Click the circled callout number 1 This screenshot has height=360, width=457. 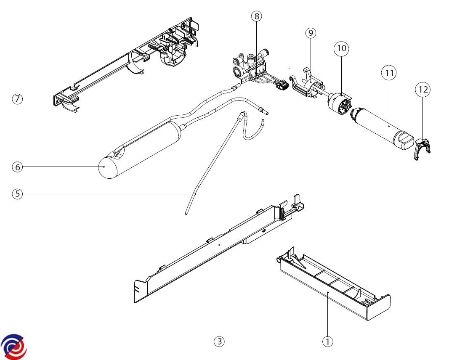[x=327, y=341]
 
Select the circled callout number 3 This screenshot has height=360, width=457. [x=218, y=341]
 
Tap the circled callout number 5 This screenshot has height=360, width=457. [x=17, y=194]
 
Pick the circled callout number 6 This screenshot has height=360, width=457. [x=17, y=167]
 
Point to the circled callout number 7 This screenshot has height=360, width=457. [x=17, y=100]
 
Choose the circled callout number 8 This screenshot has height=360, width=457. [x=257, y=16]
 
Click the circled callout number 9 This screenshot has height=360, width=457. [x=311, y=33]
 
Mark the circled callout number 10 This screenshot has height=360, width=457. [x=341, y=48]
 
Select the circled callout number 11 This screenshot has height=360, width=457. [x=389, y=73]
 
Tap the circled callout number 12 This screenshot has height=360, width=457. [x=423, y=89]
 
